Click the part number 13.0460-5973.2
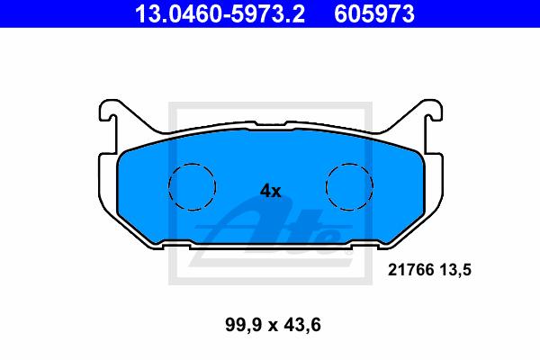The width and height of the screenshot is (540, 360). pyautogui.click(x=220, y=13)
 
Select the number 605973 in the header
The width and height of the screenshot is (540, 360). pyautogui.click(x=374, y=13)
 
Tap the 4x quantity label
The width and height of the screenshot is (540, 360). pyautogui.click(x=270, y=191)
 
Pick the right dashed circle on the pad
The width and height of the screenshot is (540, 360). pyautogui.click(x=349, y=164)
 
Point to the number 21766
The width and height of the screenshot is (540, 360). pyautogui.click(x=411, y=270)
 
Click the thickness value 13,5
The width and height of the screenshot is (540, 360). pyautogui.click(x=455, y=270)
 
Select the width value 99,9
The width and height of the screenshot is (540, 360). pyautogui.click(x=244, y=325)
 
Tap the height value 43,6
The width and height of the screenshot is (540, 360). pyautogui.click(x=302, y=325)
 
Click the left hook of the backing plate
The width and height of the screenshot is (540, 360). pyautogui.click(x=107, y=110)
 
